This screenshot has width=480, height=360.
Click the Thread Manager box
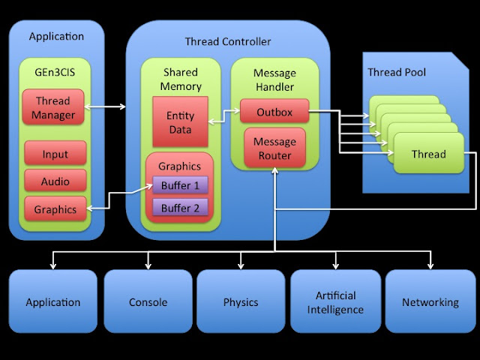(x=54, y=108)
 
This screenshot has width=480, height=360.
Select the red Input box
(x=54, y=154)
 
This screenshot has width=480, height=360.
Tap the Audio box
(x=54, y=181)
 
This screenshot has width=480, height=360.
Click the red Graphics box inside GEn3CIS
(x=54, y=210)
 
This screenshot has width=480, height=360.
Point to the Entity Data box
(x=180, y=121)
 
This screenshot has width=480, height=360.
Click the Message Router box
(x=274, y=148)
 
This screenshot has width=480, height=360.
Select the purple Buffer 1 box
(x=180, y=185)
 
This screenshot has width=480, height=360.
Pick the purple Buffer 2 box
(x=180, y=208)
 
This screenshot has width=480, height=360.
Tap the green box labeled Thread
(x=428, y=154)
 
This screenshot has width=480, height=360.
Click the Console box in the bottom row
(x=147, y=302)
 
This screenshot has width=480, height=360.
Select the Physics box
(x=241, y=302)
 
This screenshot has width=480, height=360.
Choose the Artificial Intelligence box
(x=335, y=302)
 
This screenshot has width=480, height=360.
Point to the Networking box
(x=430, y=302)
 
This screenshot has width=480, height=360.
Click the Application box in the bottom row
(x=53, y=302)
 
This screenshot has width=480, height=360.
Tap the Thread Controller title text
(x=227, y=41)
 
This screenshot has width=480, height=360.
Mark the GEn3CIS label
(x=53, y=72)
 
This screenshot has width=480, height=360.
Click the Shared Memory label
(x=180, y=79)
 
